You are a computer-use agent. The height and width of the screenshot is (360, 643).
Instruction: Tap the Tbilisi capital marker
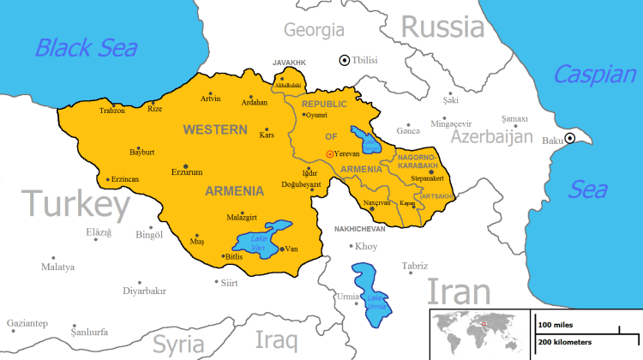[x=345, y=60]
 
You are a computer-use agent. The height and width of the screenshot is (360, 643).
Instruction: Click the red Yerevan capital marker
[x=328, y=153]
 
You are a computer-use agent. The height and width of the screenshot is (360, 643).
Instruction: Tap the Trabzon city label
[x=111, y=111]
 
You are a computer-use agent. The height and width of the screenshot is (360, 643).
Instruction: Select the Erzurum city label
[x=210, y=171]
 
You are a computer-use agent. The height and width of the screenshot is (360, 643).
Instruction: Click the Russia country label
[x=442, y=28]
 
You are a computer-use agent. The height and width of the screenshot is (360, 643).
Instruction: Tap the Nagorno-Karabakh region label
[x=417, y=161]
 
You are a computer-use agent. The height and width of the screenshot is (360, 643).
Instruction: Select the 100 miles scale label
[x=556, y=326]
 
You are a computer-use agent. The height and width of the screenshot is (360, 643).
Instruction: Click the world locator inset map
[x=478, y=329]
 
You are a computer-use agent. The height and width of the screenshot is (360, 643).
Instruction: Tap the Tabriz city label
[x=414, y=266]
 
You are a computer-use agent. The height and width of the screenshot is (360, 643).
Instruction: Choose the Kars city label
[x=267, y=135]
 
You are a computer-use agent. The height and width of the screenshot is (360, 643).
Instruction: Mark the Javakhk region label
[x=289, y=63]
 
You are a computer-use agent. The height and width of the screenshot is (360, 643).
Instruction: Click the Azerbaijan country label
[x=492, y=137]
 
